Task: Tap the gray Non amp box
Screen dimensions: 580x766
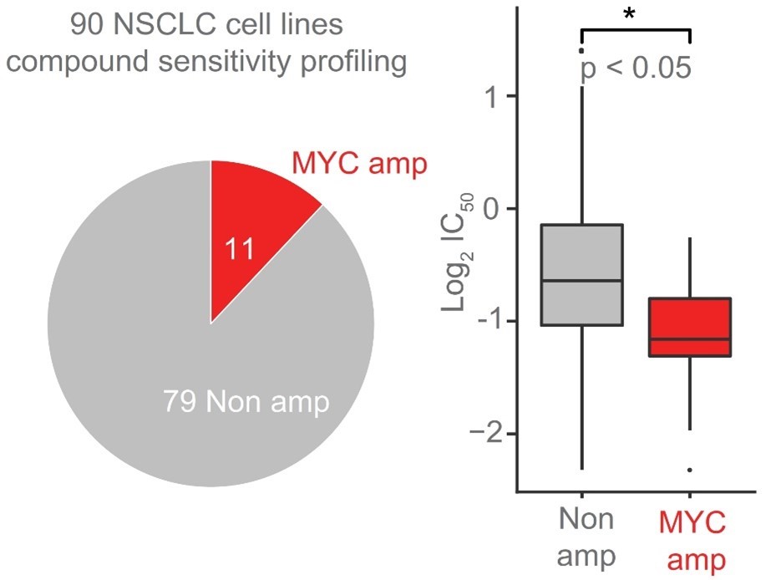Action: [x=581, y=251]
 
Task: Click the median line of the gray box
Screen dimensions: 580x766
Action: [x=581, y=281]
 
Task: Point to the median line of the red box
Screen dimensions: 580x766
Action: [x=690, y=339]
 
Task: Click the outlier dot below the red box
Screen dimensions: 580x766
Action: [x=690, y=470]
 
